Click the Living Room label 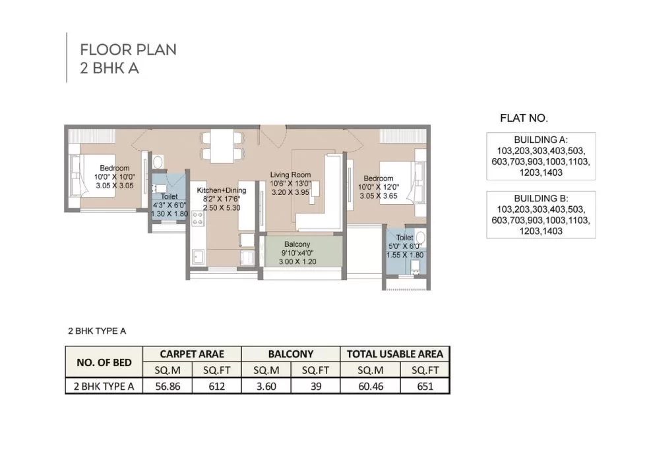coord(290,175)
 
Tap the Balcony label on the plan coord(297,244)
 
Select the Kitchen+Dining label coord(221,190)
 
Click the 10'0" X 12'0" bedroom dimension coord(379,187)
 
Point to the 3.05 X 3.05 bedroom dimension coord(115,186)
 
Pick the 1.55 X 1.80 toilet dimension coord(405,255)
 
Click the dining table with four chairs coord(222,147)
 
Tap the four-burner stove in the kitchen coord(198,219)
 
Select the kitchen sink coord(198,257)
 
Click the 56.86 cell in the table coord(168,386)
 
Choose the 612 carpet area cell coord(216,386)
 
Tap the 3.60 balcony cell coord(266,386)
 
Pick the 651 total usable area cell coord(425,386)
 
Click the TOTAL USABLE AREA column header coord(395,354)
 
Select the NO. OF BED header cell coord(104,363)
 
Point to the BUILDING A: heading coord(541,140)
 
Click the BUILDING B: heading coord(541,198)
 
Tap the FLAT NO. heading coord(524,119)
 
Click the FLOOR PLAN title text coord(129,49)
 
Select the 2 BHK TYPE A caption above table coord(97,331)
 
